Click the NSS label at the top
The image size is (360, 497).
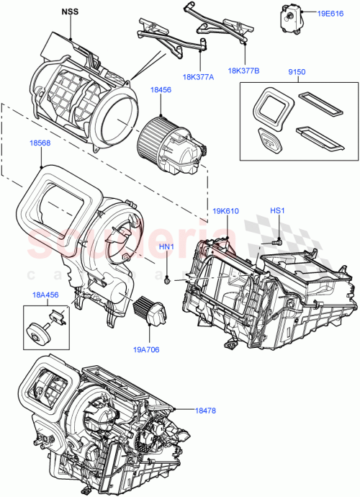pos(71,12)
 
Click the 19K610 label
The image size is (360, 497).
pos(226,210)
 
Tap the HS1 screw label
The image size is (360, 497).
pos(279,210)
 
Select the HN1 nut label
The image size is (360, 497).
pos(167,246)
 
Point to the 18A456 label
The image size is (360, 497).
pos(45,295)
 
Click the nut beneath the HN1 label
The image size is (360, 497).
pos(167,277)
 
